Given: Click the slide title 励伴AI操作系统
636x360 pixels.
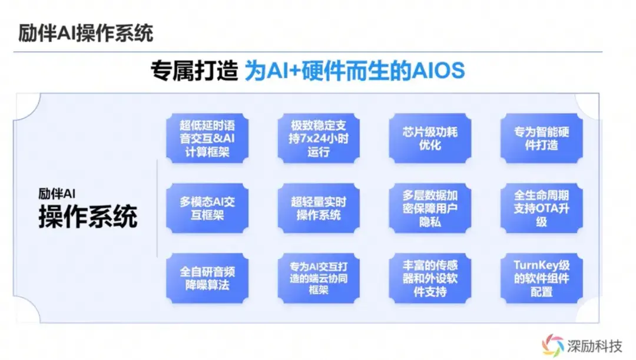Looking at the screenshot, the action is tap(85, 33).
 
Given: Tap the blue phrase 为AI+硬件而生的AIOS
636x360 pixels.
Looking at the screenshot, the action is tap(355, 71).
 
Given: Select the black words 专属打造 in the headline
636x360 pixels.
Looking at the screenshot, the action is tap(194, 71).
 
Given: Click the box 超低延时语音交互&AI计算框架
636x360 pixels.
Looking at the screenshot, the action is tap(207, 138).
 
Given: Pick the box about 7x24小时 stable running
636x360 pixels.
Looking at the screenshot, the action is tap(319, 138).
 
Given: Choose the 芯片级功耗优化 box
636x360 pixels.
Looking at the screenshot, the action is tap(430, 138).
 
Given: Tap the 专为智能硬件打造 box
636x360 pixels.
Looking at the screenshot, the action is tap(542, 138).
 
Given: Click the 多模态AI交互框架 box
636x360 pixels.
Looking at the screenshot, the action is tap(207, 208).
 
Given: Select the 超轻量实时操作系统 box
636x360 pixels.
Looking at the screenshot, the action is tap(319, 208).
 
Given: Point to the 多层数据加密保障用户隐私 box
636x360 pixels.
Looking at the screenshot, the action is tap(430, 208).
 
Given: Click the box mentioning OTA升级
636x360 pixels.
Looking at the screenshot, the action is tap(542, 208).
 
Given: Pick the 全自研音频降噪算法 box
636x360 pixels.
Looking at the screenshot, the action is tap(207, 279).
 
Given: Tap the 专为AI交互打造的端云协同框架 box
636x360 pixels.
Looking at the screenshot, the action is tap(319, 279).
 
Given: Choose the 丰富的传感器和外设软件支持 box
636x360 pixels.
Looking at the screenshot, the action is tap(430, 279).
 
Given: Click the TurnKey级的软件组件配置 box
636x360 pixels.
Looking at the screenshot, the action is tap(542, 279).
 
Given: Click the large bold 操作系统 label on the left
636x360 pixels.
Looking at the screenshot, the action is tap(88, 216).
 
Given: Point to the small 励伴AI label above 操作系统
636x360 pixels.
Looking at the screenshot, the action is tap(57, 194).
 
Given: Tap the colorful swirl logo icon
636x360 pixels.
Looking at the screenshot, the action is tap(553, 345).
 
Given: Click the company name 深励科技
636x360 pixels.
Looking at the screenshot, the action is tap(594, 346).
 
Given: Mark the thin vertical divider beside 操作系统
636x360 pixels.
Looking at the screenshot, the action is tap(157, 208).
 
